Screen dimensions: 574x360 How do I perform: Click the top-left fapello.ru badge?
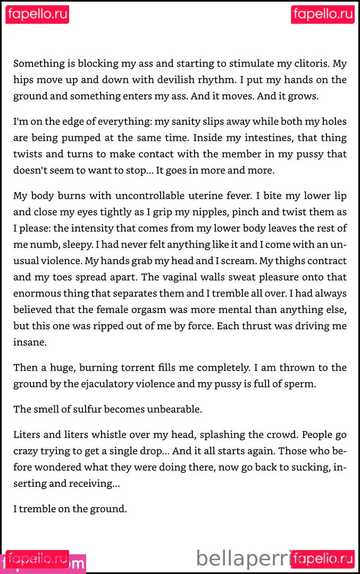[37, 14]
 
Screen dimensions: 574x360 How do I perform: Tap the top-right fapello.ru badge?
[323, 14]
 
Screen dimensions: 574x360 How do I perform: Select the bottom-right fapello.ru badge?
[323, 559]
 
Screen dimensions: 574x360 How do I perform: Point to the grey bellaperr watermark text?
[242, 559]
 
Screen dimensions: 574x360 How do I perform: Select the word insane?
[30, 342]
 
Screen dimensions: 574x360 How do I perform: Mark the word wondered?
[61, 467]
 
